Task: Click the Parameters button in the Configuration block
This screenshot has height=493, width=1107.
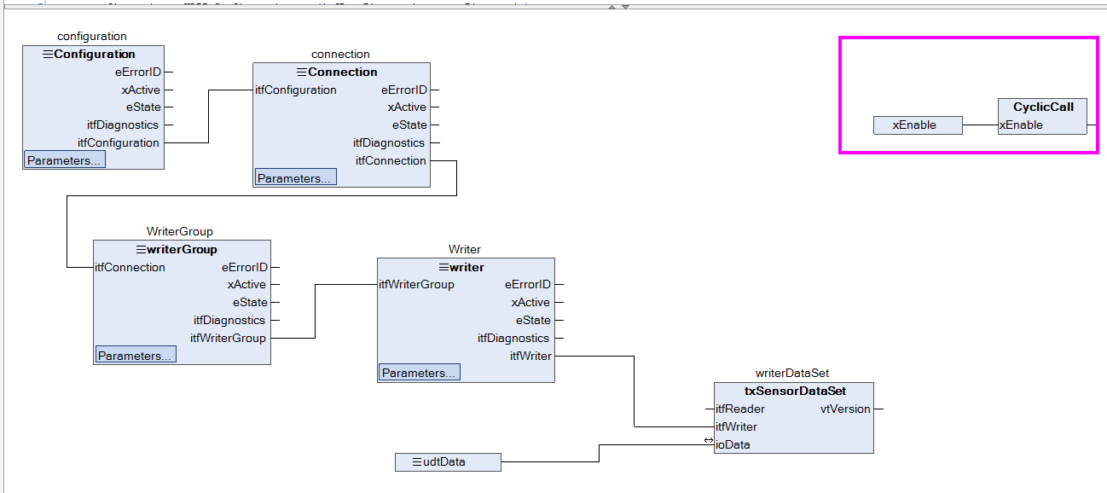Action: [x=65, y=159]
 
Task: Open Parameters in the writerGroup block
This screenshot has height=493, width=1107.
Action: [x=136, y=355]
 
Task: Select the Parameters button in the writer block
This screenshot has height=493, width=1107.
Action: [x=419, y=373]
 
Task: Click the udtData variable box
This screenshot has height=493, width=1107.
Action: [x=448, y=461]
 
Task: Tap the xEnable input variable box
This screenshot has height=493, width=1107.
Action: [x=918, y=125]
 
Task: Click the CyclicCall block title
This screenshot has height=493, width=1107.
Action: [x=1043, y=107]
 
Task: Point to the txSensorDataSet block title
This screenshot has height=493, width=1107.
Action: [x=795, y=391]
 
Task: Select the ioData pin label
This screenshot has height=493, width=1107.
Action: [x=733, y=444]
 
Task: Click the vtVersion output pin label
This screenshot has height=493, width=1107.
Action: [x=845, y=409]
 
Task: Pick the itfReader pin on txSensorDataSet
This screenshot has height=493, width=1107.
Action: [x=739, y=409]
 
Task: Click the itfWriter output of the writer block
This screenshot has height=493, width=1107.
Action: [x=530, y=356]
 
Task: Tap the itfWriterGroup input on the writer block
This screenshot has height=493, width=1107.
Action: [x=416, y=284]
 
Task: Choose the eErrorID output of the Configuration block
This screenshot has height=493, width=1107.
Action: [x=138, y=72]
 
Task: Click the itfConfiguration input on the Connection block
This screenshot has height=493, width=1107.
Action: [x=296, y=90]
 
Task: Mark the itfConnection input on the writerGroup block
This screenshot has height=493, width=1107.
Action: [x=130, y=267]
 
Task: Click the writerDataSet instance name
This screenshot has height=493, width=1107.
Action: [x=791, y=373]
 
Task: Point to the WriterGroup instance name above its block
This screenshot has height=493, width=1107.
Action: [x=179, y=231]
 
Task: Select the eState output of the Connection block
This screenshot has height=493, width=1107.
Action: [x=409, y=125]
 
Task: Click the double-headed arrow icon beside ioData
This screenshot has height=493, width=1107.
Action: [x=709, y=440]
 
